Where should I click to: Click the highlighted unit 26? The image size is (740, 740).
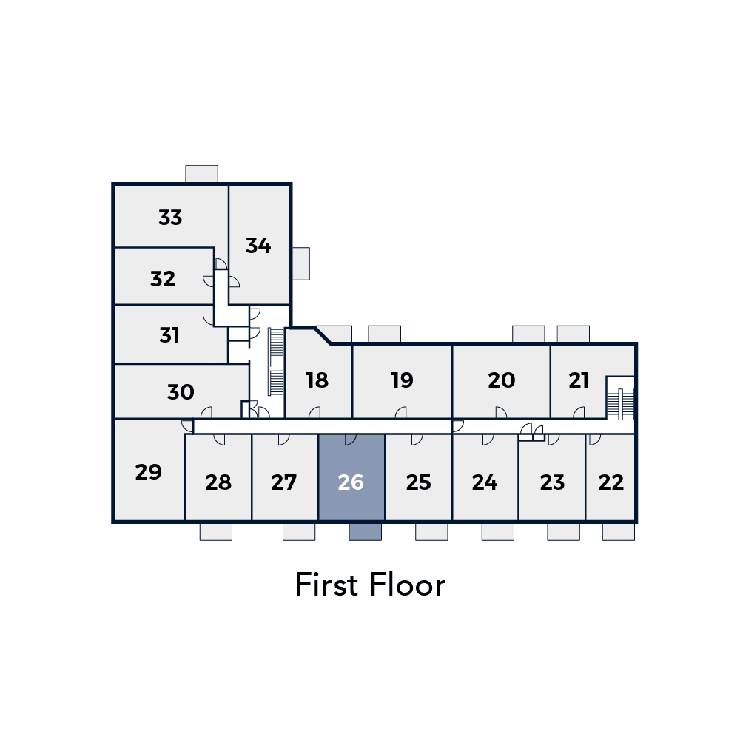pos(351,477)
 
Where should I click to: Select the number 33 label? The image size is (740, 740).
pos(170,218)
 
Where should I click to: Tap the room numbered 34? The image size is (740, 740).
pos(258,244)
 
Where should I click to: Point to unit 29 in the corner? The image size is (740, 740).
pos(149,470)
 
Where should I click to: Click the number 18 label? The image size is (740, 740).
pos(317,380)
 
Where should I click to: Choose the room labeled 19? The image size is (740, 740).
pos(402,381)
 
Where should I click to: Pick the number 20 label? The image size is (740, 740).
pos(501,380)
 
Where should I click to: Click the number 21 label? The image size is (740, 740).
pos(579,380)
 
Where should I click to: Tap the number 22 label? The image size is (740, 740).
pos(611,482)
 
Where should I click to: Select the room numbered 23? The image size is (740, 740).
pos(552,477)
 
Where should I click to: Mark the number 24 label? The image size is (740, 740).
pos(485,482)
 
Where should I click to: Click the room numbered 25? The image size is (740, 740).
pos(419,477)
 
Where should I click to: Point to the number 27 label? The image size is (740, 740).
pos(283,482)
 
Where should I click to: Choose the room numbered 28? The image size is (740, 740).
pos(218,477)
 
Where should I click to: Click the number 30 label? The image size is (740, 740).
pos(181,392)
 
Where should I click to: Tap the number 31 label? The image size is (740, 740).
pos(169,335)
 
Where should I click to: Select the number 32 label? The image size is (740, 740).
pos(163,279)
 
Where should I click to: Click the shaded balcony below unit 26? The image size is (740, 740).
pos(366,532)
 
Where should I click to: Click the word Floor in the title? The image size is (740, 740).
pos(408,585)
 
